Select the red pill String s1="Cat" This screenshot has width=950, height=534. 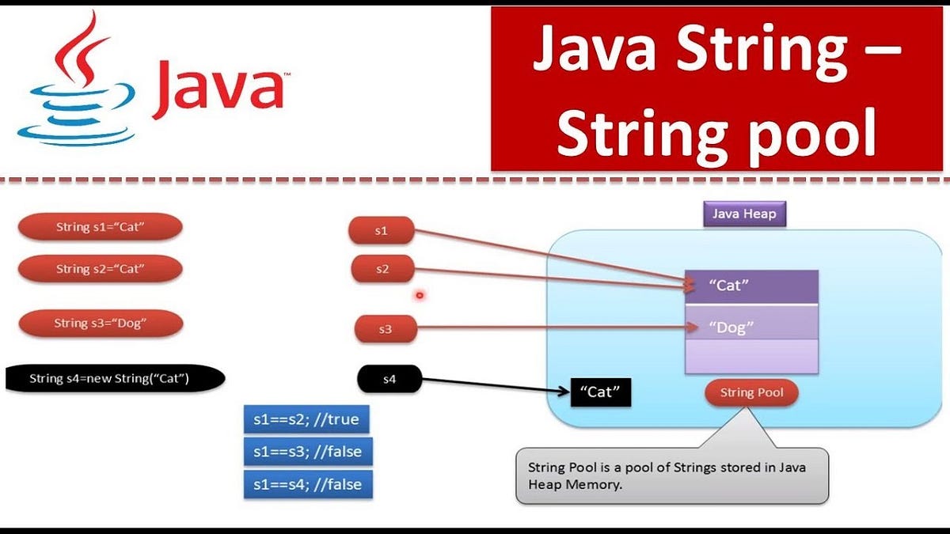click(x=101, y=227)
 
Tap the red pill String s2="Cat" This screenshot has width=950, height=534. click(x=101, y=269)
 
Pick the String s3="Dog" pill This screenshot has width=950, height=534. click(x=101, y=323)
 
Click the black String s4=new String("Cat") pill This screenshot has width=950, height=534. click(x=115, y=378)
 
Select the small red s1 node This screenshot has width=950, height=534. click(x=382, y=231)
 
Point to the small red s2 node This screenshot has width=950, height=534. click(x=383, y=269)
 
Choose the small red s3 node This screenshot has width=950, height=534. click(x=386, y=329)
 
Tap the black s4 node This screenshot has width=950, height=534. click(x=389, y=379)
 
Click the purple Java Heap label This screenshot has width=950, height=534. click(x=744, y=214)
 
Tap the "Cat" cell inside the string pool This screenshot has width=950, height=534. click(x=750, y=286)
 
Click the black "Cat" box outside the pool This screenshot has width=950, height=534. click(x=600, y=391)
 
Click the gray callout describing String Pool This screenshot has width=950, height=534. click(x=671, y=475)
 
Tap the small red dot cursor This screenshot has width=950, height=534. click(x=420, y=296)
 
